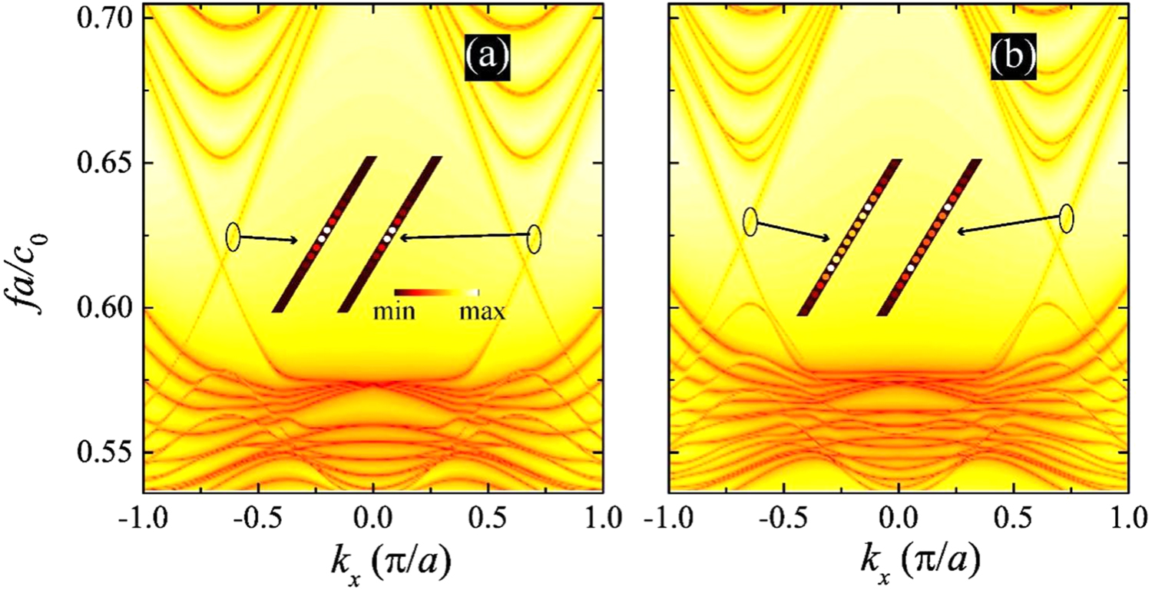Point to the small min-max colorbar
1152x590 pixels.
(x=437, y=293)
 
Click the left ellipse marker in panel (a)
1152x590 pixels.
(x=233, y=236)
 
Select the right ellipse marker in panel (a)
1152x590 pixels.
(x=535, y=239)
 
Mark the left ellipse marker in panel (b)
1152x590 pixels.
(x=750, y=221)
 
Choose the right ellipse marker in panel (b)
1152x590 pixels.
(x=1066, y=217)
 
